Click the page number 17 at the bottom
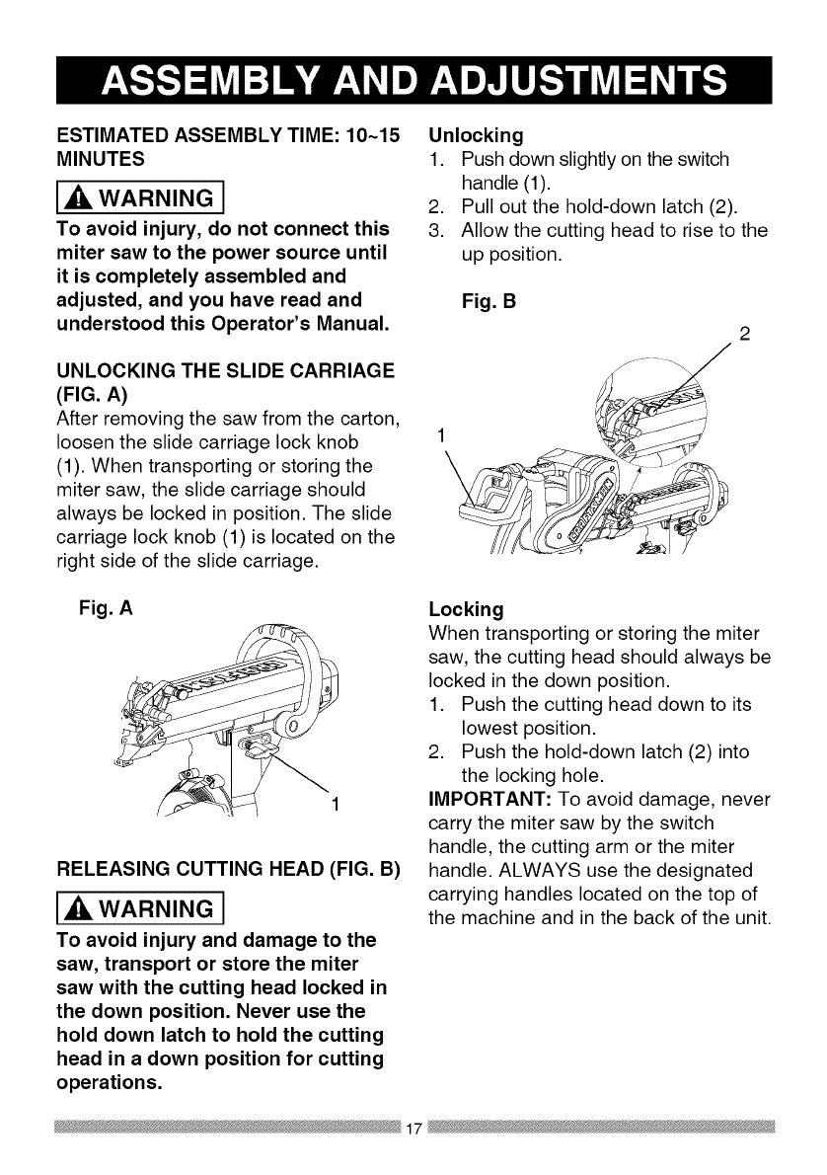tap(413, 1129)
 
